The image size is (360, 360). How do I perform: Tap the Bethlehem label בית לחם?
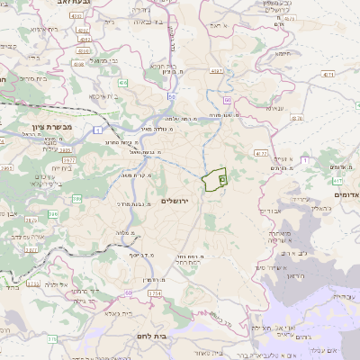[185, 336]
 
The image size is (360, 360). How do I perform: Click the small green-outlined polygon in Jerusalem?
[214, 181]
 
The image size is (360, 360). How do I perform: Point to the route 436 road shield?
[121, 82]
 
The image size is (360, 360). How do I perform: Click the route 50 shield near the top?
[170, 95]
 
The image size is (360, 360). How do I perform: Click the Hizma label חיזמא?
[283, 53]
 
